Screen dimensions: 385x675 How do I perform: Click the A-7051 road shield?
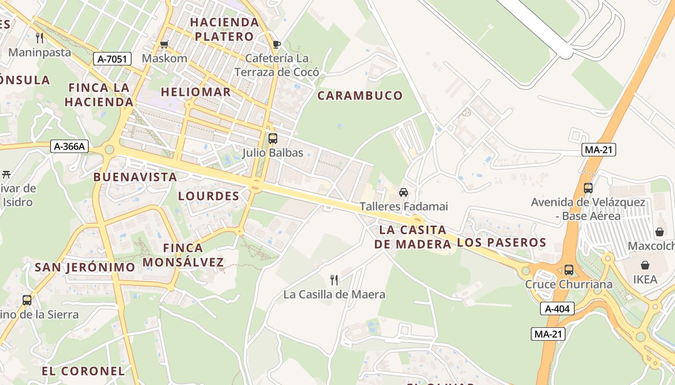[112, 59]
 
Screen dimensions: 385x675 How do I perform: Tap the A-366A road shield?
[70, 146]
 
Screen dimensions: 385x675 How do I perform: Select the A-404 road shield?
[557, 308]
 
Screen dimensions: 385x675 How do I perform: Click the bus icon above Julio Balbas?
[272, 139]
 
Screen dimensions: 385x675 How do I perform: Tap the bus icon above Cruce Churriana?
[569, 270]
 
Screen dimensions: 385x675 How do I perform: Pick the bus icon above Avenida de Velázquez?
[588, 188]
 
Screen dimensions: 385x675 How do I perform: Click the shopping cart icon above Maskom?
[164, 45]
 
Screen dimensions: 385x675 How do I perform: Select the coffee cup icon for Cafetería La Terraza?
[276, 45]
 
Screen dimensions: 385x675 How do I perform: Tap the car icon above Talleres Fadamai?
[404, 192]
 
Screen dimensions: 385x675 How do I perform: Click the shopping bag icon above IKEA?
[645, 265]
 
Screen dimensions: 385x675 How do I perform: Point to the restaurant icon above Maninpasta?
[40, 38]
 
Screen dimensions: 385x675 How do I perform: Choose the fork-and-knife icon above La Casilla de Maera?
[334, 280]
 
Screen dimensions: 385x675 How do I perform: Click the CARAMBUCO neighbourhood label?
[360, 95]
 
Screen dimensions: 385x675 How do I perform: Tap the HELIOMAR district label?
[196, 91]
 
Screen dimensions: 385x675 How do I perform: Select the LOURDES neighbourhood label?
[209, 196]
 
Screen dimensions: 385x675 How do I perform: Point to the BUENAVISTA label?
[135, 177]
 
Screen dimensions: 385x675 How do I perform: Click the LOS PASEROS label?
[501, 243]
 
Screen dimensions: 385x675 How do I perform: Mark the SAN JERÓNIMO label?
[85, 267]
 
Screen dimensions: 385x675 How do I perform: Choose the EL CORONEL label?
[83, 371]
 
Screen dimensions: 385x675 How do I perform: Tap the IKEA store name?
[645, 280]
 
